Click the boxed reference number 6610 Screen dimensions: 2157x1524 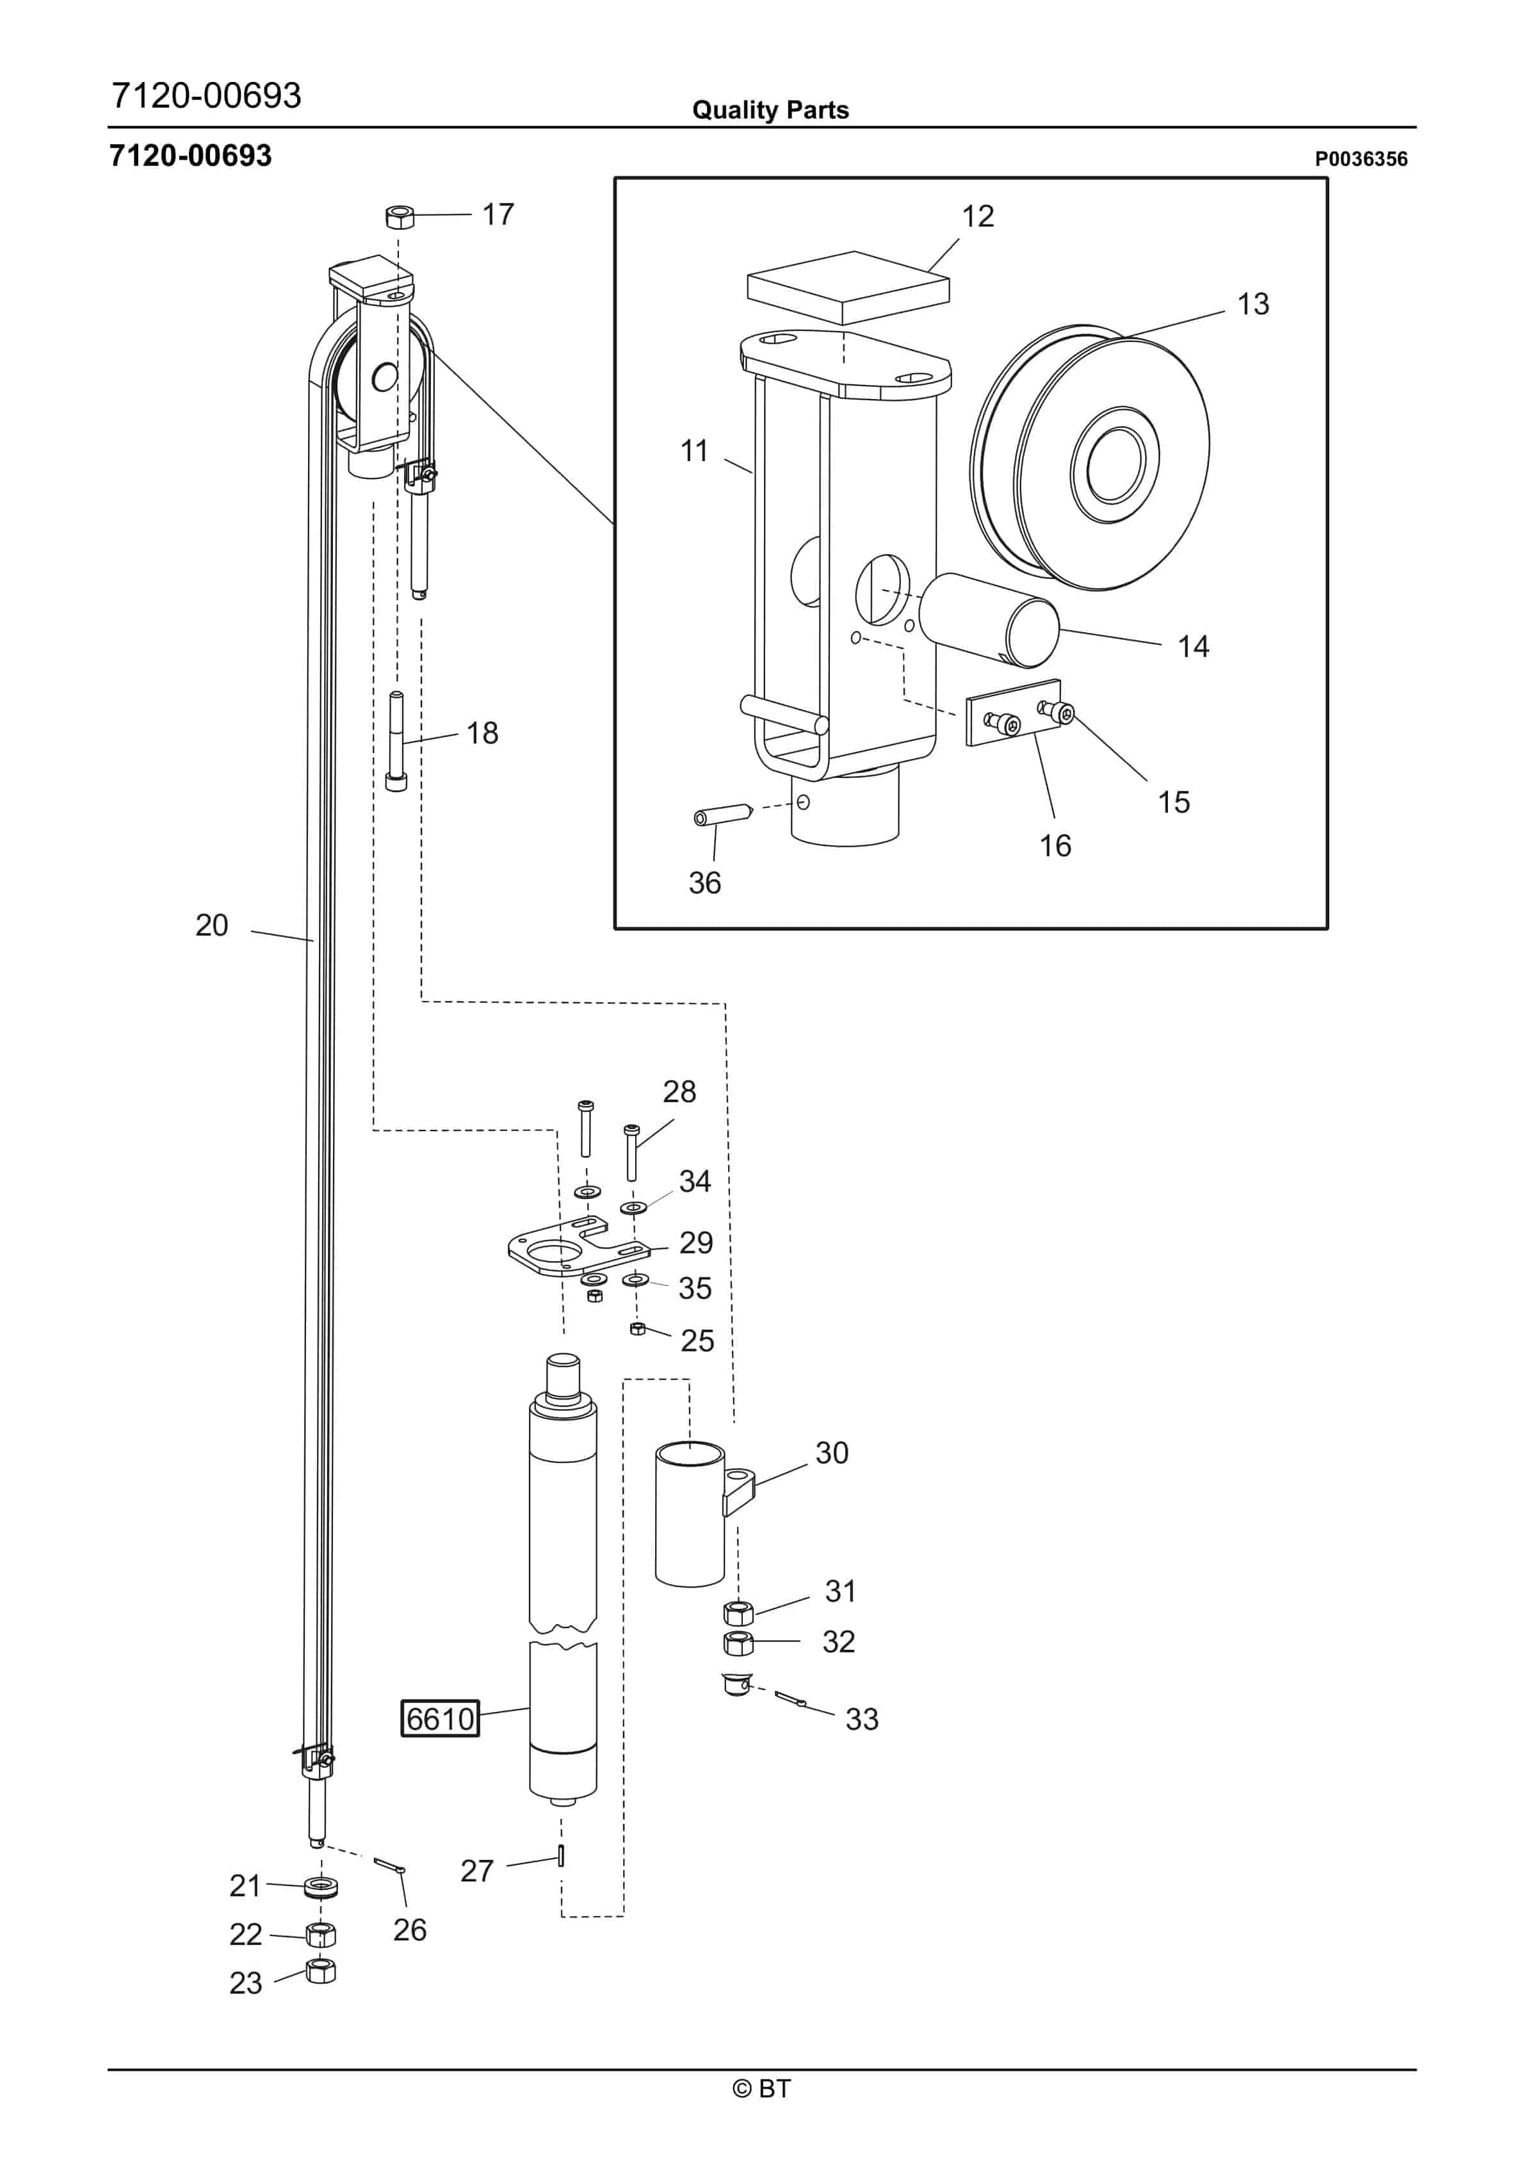click(x=440, y=1718)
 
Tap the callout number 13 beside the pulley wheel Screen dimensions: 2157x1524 click(x=1252, y=304)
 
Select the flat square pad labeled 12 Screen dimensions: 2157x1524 click(x=848, y=286)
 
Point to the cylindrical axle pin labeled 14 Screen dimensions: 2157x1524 click(x=989, y=620)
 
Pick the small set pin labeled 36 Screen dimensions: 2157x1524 click(x=720, y=815)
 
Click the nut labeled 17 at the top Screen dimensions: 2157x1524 click(x=400, y=218)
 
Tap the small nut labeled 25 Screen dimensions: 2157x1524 click(x=637, y=1328)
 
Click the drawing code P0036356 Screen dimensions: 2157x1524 click(x=1359, y=159)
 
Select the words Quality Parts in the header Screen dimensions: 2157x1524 click(x=770, y=110)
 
